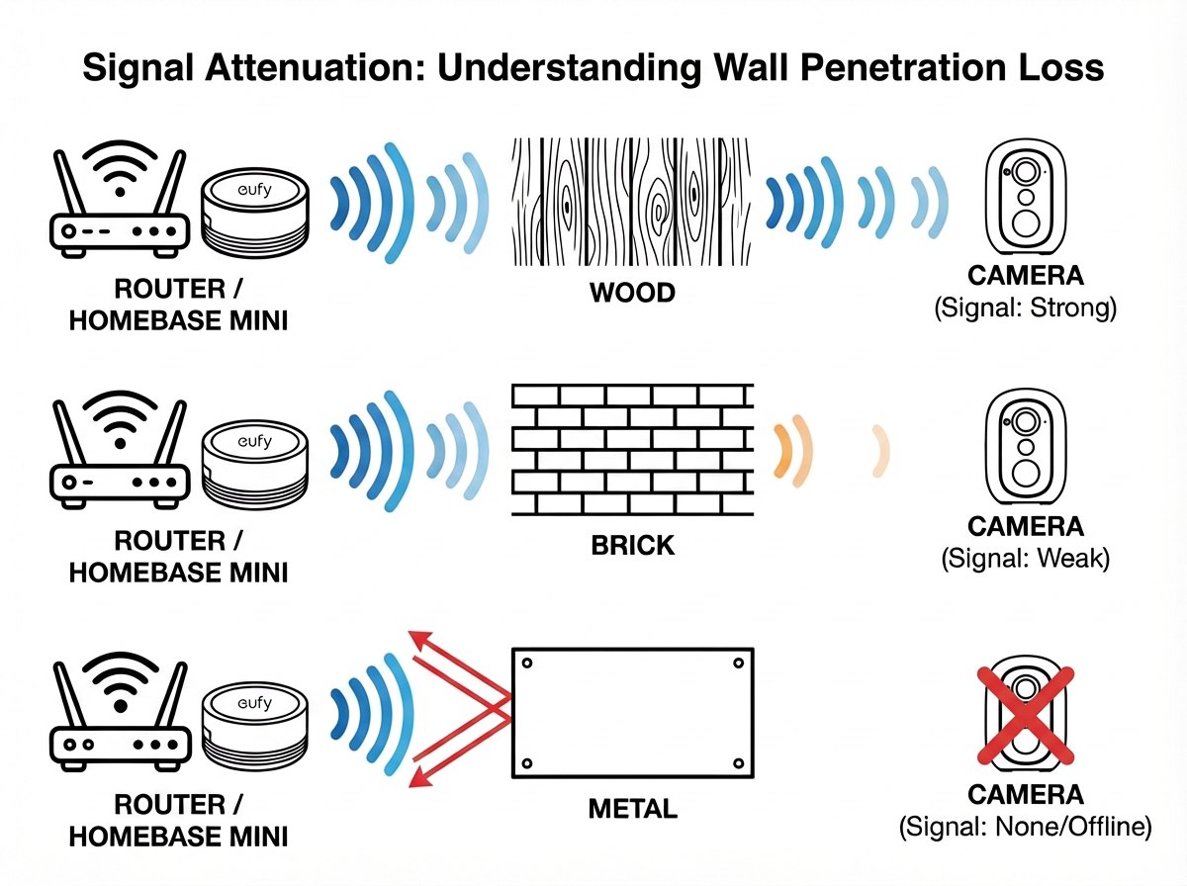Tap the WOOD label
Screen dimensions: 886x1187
click(632, 294)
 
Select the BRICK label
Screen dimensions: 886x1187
click(632, 545)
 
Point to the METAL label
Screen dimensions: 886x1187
click(632, 808)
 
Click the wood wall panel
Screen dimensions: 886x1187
click(632, 203)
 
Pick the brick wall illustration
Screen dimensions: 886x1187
click(632, 450)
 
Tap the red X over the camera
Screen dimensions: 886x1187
click(1024, 714)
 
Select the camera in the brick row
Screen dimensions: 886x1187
click(1026, 450)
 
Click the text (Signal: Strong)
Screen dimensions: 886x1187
click(1026, 309)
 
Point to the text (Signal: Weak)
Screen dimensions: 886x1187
click(1026, 559)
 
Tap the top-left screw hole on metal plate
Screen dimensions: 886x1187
click(527, 663)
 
